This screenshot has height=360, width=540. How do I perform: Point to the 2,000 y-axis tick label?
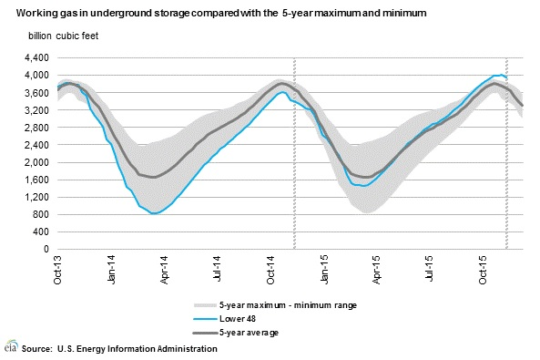click(x=36, y=162)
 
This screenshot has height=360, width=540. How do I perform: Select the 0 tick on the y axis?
click(x=47, y=248)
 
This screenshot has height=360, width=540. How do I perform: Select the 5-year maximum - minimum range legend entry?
click(x=273, y=305)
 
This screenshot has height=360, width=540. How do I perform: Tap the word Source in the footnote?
click(x=37, y=348)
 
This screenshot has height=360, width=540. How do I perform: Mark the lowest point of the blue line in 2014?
click(x=155, y=213)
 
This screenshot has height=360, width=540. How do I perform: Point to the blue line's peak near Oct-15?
click(x=496, y=76)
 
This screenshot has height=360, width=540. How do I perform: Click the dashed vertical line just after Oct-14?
click(x=293, y=155)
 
